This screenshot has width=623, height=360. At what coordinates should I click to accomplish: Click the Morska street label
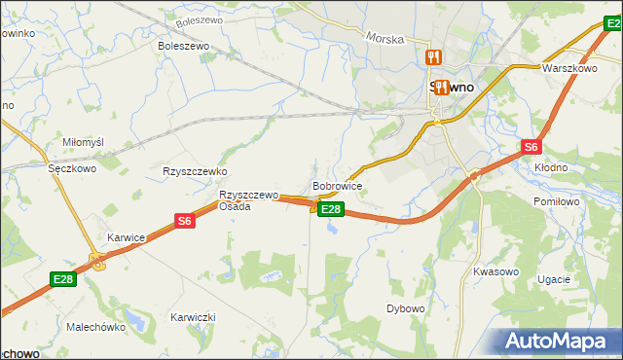click(x=384, y=39)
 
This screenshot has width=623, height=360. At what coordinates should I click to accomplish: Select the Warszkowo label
click(x=569, y=69)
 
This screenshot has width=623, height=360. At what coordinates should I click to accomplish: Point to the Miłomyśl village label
click(x=83, y=142)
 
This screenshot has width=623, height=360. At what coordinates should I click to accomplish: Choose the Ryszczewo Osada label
click(x=248, y=199)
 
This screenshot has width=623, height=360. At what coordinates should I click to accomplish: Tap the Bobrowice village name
click(x=338, y=185)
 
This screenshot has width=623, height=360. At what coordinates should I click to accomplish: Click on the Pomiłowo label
click(x=557, y=201)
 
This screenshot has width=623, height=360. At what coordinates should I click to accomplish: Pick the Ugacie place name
click(x=553, y=278)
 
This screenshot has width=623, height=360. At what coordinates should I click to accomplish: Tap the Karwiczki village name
click(x=192, y=318)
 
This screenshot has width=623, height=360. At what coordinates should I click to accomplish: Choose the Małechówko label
click(x=96, y=328)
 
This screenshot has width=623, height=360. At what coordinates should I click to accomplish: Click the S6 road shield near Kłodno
click(x=531, y=147)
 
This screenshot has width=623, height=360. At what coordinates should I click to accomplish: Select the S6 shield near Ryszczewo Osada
click(x=185, y=222)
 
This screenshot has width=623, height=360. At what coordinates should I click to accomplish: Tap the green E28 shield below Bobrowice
click(x=331, y=209)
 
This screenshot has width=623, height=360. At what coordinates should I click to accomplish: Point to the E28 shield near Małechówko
click(x=63, y=280)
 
